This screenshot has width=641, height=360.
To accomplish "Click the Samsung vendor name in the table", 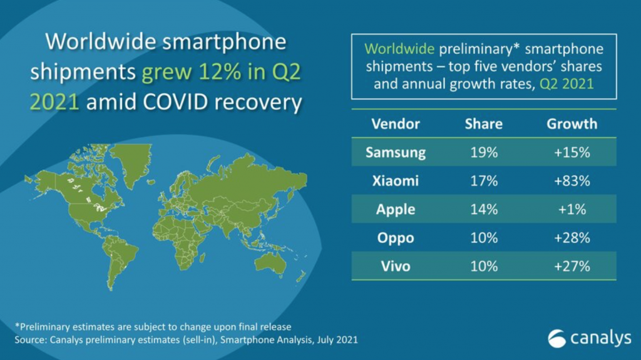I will (396, 152).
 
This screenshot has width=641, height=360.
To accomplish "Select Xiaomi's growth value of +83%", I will (572, 181).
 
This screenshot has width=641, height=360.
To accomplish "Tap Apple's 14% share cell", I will (483, 209).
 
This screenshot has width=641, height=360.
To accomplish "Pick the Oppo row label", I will (396, 238).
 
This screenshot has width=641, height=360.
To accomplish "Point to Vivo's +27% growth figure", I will (572, 266).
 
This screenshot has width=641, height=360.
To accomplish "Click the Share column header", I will (483, 123).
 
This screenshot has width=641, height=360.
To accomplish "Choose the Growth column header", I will (572, 123).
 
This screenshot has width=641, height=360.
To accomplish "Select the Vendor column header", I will (396, 123).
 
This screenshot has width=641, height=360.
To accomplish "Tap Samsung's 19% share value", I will (483, 152).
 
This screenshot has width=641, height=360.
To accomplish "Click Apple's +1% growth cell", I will (572, 209).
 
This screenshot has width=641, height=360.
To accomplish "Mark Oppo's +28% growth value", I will (572, 238).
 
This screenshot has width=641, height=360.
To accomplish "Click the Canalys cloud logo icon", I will (556, 339).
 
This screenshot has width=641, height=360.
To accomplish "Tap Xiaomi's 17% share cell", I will (483, 181).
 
